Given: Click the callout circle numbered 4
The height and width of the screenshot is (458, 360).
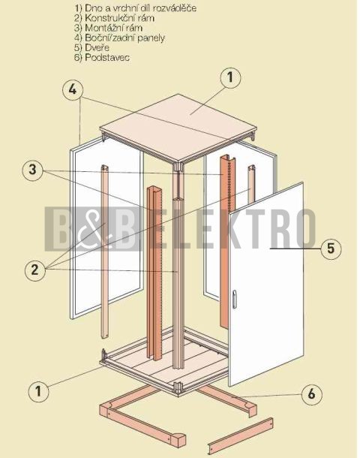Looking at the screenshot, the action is point(73,89).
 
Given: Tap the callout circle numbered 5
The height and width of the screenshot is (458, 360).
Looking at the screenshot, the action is point(331,249).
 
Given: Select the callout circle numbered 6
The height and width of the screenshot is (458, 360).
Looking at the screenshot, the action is point(311,394).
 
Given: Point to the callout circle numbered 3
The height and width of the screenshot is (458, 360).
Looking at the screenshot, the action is point(33,170).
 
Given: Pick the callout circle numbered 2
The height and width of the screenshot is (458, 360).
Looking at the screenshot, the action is point(35,270).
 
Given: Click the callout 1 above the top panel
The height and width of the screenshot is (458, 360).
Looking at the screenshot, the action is point(230,77).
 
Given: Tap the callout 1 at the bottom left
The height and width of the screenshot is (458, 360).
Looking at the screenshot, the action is point(38,391).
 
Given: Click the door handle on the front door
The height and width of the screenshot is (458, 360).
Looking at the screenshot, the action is point(234,299).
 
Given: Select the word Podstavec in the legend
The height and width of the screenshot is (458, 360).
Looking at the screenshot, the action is point(107,57).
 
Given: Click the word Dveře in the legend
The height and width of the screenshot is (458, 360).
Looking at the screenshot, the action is point(97,47).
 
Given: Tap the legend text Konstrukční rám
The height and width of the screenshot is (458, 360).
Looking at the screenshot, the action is point(119,18).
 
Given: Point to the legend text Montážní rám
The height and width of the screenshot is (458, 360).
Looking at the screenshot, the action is point(114,28).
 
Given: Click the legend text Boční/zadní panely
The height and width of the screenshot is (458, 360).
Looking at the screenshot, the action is point(124,38).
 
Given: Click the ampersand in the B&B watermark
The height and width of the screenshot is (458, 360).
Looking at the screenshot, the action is point(92,230).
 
